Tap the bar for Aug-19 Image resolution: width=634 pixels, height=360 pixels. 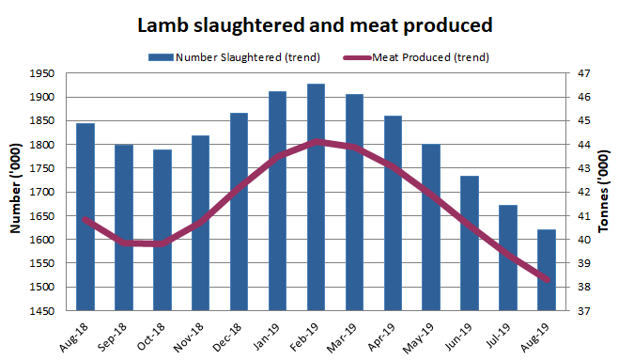546,270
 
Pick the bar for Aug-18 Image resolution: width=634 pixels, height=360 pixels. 85,217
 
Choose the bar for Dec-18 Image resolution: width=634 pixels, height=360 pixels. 239,211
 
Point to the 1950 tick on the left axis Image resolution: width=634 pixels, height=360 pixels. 42,73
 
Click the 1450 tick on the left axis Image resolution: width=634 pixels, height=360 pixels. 42,311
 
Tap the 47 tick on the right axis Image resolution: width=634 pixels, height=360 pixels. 581,73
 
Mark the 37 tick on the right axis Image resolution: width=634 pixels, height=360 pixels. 581,311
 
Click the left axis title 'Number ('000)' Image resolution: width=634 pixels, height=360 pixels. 15,193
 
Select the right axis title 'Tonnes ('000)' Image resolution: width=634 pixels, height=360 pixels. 616,193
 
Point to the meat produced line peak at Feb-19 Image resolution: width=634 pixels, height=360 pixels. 316,142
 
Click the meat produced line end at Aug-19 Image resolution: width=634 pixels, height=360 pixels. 546,279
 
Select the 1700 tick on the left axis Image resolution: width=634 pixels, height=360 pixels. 42,193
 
